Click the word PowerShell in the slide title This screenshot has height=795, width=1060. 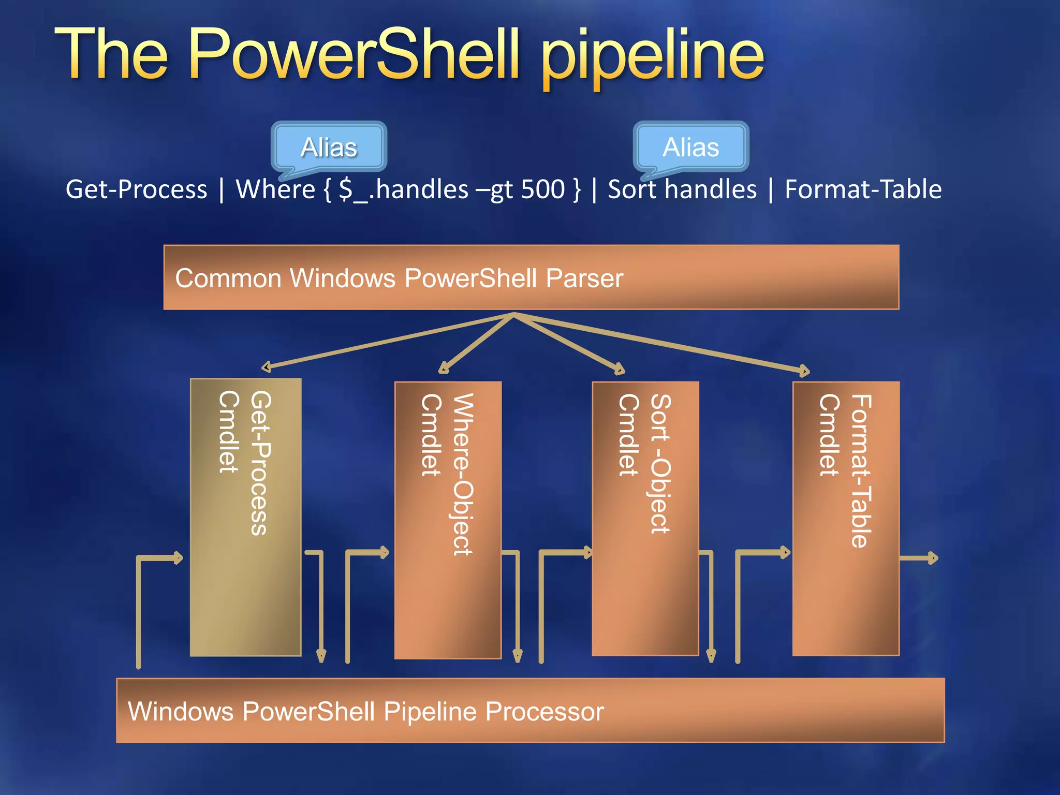[x=354, y=55]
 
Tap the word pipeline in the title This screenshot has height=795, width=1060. [x=652, y=57]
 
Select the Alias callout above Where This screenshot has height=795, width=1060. [x=329, y=147]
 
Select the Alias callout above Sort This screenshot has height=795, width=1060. [x=691, y=147]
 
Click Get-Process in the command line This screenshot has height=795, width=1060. [x=136, y=189]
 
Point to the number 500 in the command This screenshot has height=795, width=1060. [x=542, y=189]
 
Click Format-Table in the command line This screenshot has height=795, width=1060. [x=863, y=189]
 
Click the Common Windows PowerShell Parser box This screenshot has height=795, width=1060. [x=531, y=278]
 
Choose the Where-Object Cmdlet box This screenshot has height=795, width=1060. [x=448, y=520]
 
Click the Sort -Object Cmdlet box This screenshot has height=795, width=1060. [x=645, y=519]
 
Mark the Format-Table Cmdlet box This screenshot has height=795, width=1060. [x=846, y=519]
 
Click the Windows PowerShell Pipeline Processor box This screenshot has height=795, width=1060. [x=531, y=711]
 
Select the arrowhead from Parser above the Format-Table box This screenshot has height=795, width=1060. [x=804, y=370]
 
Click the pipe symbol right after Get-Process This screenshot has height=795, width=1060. [x=222, y=189]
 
